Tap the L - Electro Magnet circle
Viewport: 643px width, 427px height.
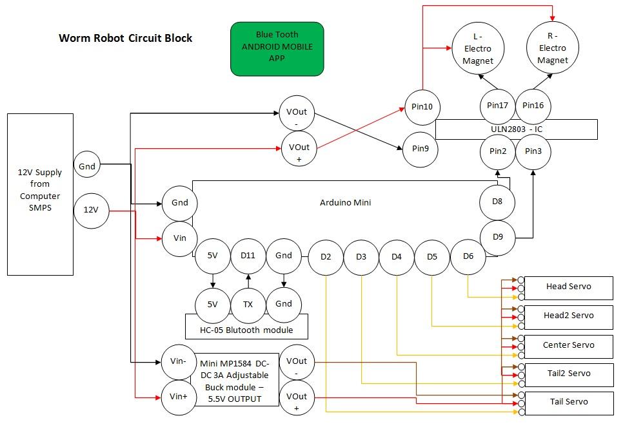(x=478, y=49)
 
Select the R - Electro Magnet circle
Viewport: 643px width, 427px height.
(x=553, y=48)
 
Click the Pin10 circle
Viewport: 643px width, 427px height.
(x=422, y=106)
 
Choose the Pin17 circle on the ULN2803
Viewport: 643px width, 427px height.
(x=498, y=106)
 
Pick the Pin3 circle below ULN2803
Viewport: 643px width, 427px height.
(x=533, y=151)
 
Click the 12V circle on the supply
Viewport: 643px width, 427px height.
(x=92, y=209)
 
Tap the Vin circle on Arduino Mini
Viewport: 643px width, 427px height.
(x=180, y=238)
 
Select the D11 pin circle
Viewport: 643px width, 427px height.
(x=248, y=256)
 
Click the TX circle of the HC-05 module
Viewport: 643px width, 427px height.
(x=248, y=304)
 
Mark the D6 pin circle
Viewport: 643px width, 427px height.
(x=468, y=256)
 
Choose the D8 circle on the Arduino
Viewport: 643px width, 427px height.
(x=498, y=202)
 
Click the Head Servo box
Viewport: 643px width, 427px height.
(x=568, y=287)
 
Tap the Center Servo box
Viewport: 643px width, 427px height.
(x=568, y=345)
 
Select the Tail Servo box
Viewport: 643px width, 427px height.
(x=568, y=402)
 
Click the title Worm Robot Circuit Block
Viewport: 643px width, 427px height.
(x=125, y=38)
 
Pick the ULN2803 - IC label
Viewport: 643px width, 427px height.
(x=517, y=129)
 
